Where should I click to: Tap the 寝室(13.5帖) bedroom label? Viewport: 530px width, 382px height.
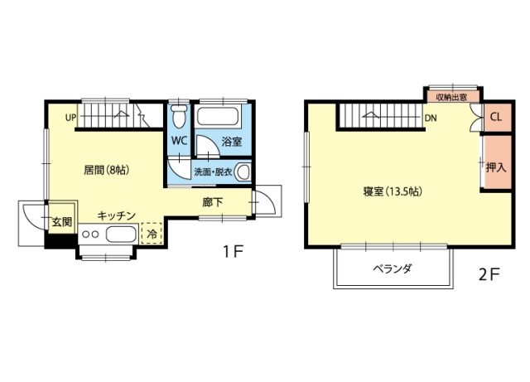pyautogui.click(x=392, y=191)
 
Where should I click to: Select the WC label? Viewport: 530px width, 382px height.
pyautogui.click(x=179, y=140)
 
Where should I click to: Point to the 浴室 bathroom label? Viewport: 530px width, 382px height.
pyautogui.click(x=232, y=142)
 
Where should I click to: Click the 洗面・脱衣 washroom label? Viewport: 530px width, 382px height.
pyautogui.click(x=212, y=172)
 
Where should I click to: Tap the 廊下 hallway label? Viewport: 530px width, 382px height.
pyautogui.click(x=212, y=201)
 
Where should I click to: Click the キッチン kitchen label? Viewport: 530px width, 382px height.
pyautogui.click(x=116, y=215)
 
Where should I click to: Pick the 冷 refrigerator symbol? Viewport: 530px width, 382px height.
pyautogui.click(x=152, y=234)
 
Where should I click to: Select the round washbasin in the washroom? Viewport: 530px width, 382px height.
pyautogui.click(x=243, y=172)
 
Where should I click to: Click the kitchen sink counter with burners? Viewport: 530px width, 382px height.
pyautogui.click(x=107, y=235)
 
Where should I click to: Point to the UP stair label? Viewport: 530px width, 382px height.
pyautogui.click(x=71, y=118)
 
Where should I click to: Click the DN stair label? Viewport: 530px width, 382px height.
pyautogui.click(x=431, y=118)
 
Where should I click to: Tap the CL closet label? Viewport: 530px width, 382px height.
pyautogui.click(x=495, y=118)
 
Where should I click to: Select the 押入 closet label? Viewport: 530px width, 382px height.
pyautogui.click(x=495, y=167)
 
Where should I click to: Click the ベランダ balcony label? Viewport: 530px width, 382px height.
pyautogui.click(x=393, y=269)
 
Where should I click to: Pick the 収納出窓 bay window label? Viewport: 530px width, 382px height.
pyautogui.click(x=451, y=97)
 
